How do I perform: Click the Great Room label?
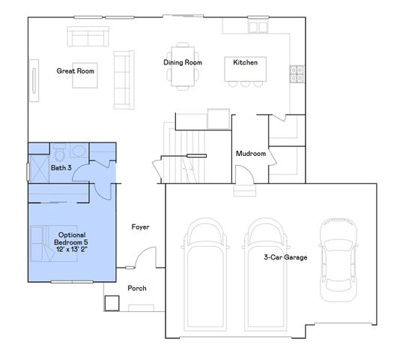(75, 70)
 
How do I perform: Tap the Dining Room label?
(183, 62)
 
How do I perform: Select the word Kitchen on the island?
(245, 62)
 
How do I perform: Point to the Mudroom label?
(251, 154)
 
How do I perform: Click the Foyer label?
(141, 226)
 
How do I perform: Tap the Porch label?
(137, 288)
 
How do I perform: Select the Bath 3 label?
(61, 168)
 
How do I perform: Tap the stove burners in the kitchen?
(297, 73)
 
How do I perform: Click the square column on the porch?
(112, 302)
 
